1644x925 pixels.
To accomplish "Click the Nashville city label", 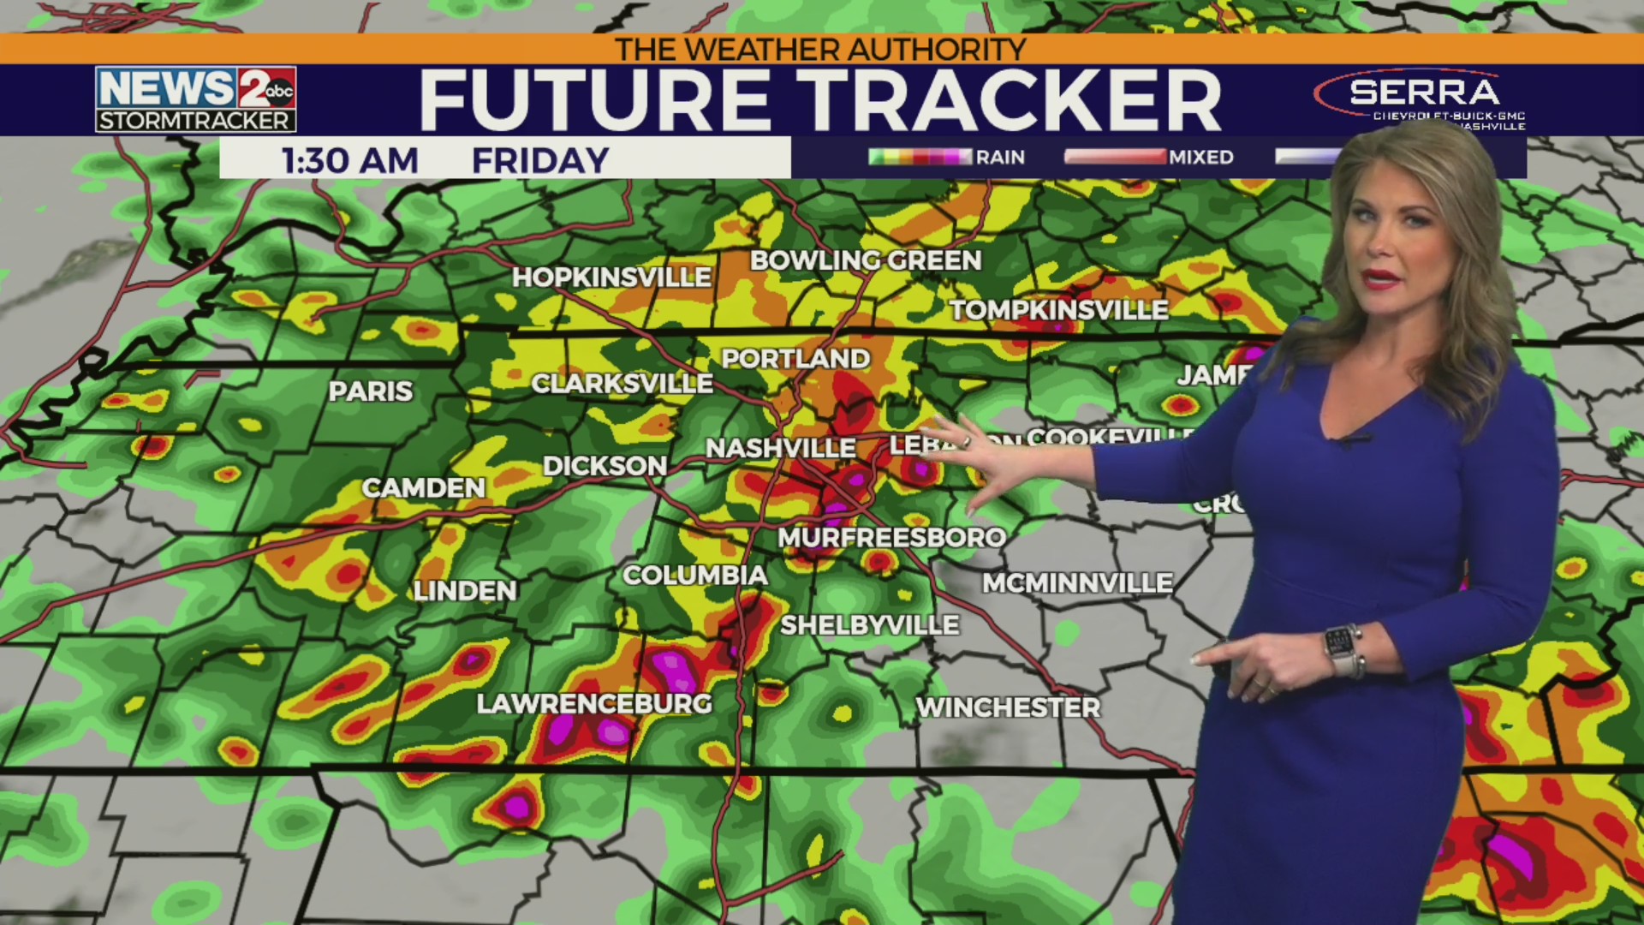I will (x=780, y=448).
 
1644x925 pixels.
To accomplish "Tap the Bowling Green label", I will (x=866, y=260).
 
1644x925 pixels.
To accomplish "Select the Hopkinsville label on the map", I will (x=611, y=277).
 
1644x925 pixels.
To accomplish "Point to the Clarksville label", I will (x=622, y=384).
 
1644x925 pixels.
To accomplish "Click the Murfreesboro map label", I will (x=891, y=538).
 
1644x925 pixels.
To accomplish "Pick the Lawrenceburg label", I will (x=594, y=704).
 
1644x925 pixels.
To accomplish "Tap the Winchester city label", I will (x=1008, y=707).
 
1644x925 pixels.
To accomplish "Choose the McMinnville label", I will (x=1077, y=583).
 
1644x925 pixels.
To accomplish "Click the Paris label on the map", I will (x=370, y=391).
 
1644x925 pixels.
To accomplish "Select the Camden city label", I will (x=423, y=488).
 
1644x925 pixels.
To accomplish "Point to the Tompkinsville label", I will (x=1059, y=310).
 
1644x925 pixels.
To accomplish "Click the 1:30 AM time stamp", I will (x=350, y=160).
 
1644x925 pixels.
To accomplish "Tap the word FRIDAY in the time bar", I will (x=540, y=160).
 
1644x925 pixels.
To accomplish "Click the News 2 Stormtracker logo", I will (x=196, y=98).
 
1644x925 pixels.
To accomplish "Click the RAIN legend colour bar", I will (x=920, y=157).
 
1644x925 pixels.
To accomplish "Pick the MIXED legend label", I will (x=1200, y=157).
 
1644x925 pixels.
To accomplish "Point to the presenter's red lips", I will (x=1380, y=279).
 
